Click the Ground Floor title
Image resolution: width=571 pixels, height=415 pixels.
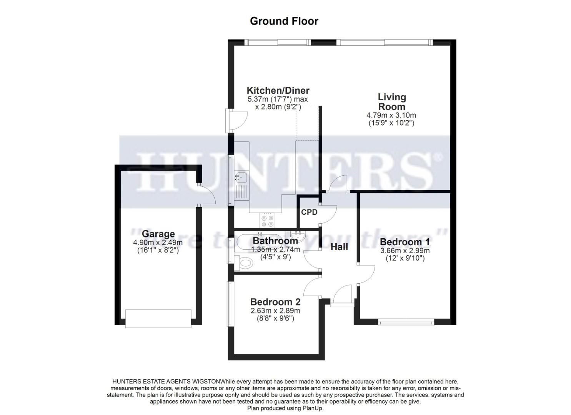pyautogui.click(x=284, y=21)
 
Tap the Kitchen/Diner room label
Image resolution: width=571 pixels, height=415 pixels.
pyautogui.click(x=278, y=91)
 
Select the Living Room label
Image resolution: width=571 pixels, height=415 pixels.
pyautogui.click(x=391, y=102)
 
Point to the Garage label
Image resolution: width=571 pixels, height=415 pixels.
pyautogui.click(x=158, y=234)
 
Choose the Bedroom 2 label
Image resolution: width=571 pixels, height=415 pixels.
pyautogui.click(x=275, y=302)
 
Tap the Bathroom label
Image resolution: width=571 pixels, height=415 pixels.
pyautogui.click(x=275, y=241)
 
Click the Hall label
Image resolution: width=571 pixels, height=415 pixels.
pyautogui.click(x=339, y=247)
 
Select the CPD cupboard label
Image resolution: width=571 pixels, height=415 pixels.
pyautogui.click(x=309, y=212)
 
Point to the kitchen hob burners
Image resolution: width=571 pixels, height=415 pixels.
pyautogui.click(x=267, y=221)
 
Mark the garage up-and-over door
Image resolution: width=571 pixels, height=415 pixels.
pyautogui.click(x=158, y=319)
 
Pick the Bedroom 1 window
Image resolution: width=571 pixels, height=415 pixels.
pyautogui.click(x=406, y=322)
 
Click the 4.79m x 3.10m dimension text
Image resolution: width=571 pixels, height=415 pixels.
pyautogui.click(x=391, y=115)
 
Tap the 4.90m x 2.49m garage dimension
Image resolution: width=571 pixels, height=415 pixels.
pyautogui.click(x=158, y=242)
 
